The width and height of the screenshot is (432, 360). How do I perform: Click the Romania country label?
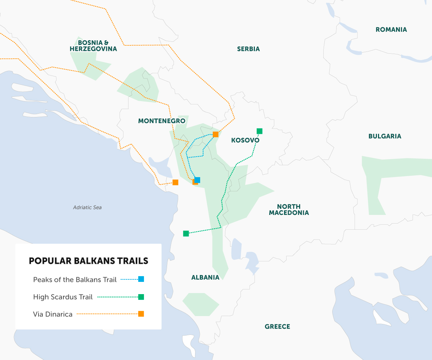391,30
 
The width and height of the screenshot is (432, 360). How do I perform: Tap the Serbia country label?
248,49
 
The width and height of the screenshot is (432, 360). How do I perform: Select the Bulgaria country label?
384,136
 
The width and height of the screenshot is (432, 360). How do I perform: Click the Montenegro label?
162,121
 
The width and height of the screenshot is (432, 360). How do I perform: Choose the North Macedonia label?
289,210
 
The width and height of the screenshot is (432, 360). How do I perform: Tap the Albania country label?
205,277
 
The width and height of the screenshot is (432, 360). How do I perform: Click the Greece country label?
277,327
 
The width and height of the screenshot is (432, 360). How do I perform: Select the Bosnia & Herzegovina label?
93,45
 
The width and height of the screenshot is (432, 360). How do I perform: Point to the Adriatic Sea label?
87,207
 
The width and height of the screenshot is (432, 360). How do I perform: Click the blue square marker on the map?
197,180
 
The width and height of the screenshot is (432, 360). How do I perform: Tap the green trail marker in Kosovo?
259,131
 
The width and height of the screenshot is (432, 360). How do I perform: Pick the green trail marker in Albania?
186,234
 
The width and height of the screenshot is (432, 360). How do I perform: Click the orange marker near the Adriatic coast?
175,182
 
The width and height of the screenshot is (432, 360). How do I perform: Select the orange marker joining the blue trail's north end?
216,135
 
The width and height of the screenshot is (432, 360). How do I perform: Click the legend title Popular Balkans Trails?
88,261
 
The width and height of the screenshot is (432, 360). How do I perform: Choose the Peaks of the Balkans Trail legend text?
75,279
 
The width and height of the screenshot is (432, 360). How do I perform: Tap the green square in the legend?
141,297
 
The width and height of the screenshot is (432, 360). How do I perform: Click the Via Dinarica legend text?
53,314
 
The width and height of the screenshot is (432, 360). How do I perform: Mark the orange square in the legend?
141,314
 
